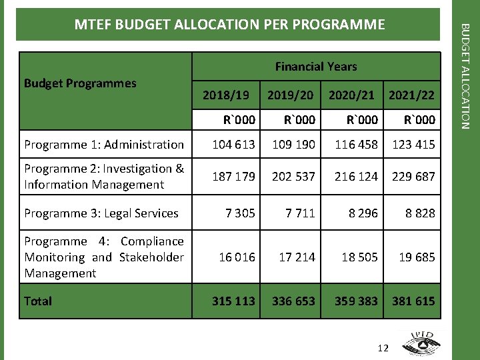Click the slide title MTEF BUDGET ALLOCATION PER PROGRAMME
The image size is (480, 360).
[x=229, y=25]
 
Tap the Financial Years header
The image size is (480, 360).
[x=316, y=67]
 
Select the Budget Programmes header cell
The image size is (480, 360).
[x=80, y=83]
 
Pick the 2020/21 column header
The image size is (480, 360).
[x=351, y=96]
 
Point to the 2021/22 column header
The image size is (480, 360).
[x=411, y=96]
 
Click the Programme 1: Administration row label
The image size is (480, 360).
[x=104, y=144]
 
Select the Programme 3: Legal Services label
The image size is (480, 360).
[x=101, y=213]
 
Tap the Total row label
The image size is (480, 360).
[x=38, y=301]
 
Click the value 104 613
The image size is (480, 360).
[x=233, y=144]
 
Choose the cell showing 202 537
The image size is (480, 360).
[x=293, y=177]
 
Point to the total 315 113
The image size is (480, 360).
[x=233, y=301]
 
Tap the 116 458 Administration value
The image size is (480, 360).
[x=356, y=144]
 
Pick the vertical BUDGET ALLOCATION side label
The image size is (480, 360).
[x=466, y=77]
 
